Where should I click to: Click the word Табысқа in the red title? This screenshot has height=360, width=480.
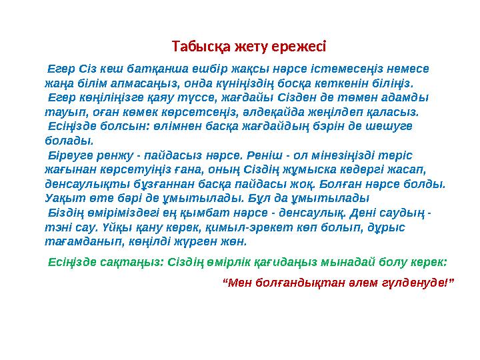click(x=195, y=47)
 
